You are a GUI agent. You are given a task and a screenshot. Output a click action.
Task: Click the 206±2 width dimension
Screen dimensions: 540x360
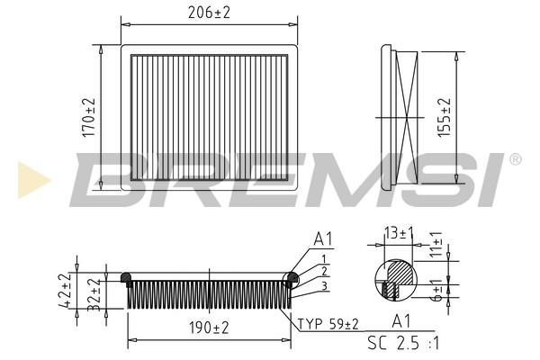pyautogui.click(x=209, y=13)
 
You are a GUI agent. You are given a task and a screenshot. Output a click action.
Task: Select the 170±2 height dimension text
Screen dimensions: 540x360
pyautogui.click(x=89, y=117)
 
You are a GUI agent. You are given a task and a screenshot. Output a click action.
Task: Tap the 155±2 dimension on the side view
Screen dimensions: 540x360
pyautogui.click(x=445, y=117)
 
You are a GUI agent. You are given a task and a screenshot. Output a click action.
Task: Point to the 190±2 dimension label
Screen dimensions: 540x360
pyautogui.click(x=209, y=328)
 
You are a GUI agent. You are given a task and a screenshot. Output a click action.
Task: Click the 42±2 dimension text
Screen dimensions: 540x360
pyautogui.click(x=65, y=290)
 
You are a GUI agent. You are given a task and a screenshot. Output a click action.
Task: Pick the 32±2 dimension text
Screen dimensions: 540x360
pyautogui.click(x=94, y=294)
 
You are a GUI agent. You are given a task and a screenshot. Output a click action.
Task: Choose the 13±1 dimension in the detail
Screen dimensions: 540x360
pyautogui.click(x=399, y=234)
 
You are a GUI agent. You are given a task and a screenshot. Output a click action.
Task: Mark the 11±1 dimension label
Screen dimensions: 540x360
pyautogui.click(x=436, y=244)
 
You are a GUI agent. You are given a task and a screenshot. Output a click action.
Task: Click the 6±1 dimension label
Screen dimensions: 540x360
pyautogui.click(x=437, y=291)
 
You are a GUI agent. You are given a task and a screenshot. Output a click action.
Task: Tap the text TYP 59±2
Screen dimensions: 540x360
pyautogui.click(x=328, y=324)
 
